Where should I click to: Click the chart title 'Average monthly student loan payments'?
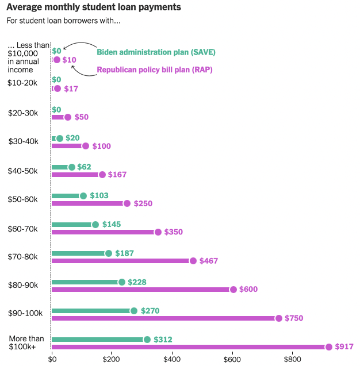pyautogui.click(x=94, y=7)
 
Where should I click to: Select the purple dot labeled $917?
pyautogui.click(x=329, y=346)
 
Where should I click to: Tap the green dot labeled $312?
pyautogui.click(x=147, y=340)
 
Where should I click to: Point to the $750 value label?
pyautogui.click(x=293, y=318)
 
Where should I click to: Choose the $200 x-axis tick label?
pyautogui.click(x=112, y=359)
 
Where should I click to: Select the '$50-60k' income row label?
pyautogui.click(x=23, y=199)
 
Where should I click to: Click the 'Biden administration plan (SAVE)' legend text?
pyautogui.click(x=156, y=52)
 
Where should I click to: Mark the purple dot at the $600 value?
pyautogui.click(x=233, y=289)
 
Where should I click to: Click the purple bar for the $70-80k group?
pyautogui.click(x=122, y=260)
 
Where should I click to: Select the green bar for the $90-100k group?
pyautogui.click(x=92, y=311)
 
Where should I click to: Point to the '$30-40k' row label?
pyautogui.click(x=23, y=141)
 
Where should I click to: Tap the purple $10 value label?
pyautogui.click(x=70, y=60)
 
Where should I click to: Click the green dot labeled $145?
pyautogui.click(x=95, y=225)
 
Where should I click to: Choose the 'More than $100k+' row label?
pyautogui.click(x=26, y=342)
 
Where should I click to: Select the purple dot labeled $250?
pyautogui.click(x=127, y=203)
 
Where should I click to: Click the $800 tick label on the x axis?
pyautogui.click(x=292, y=359)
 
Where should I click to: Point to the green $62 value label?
pyautogui.click(x=85, y=167)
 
